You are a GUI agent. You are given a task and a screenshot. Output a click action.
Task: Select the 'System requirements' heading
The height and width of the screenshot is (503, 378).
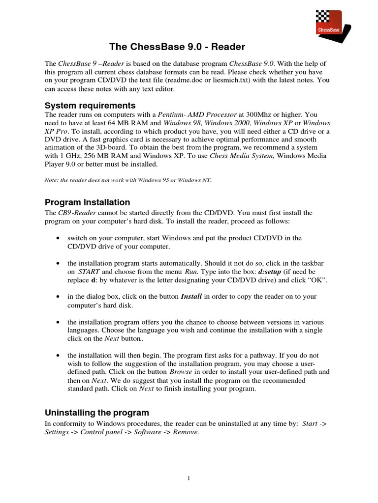pos(90,105)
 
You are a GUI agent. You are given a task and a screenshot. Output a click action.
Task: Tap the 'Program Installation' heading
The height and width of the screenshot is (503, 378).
pos(88,202)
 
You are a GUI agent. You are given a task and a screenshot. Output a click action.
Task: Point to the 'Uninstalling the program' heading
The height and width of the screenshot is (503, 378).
pos(97,412)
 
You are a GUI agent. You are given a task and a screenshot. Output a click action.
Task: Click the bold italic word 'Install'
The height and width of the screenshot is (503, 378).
pos(191,297)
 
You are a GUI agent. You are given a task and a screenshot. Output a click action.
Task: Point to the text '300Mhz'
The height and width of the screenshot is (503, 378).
pos(254,114)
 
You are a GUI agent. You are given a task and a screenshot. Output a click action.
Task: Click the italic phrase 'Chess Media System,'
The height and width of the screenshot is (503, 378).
pos(241,156)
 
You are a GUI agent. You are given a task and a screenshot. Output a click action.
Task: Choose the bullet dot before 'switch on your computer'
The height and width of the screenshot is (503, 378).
pos(59,238)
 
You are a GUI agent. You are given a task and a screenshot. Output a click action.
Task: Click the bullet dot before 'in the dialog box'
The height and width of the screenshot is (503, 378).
pos(59,297)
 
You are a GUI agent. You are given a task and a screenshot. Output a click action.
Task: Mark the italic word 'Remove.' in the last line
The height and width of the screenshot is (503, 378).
pos(186,432)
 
